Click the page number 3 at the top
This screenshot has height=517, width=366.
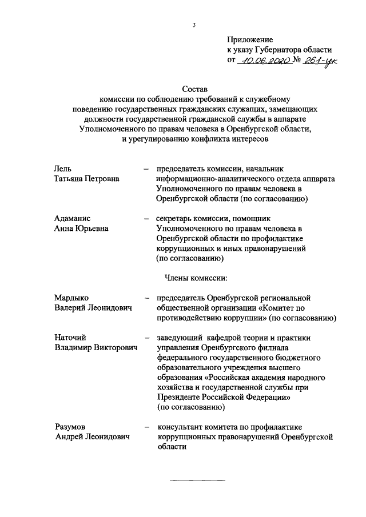(194, 25)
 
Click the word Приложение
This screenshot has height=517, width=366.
(250, 40)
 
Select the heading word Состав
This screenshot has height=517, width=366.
(194, 89)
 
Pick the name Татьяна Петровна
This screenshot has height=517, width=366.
(87, 179)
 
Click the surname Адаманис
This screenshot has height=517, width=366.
(73, 219)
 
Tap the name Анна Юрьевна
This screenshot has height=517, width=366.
(81, 229)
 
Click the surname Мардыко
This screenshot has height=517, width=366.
(72, 298)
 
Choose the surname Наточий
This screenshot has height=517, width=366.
(71, 338)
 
